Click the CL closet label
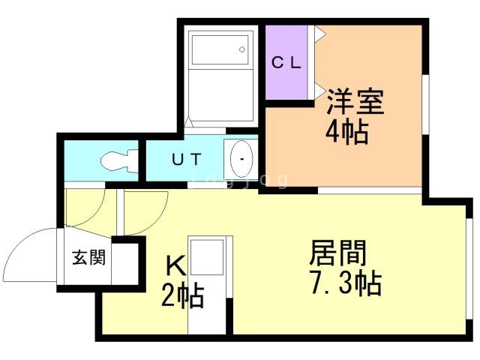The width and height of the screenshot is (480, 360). tap(286, 63)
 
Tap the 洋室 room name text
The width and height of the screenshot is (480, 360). tap(355, 102)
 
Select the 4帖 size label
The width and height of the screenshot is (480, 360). tap(346, 132)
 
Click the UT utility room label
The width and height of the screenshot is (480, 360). tap(187, 159)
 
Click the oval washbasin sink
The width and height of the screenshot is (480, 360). tap(241, 159)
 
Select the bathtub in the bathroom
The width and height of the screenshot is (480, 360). tap(220, 50)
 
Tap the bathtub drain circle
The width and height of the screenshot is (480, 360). tap(242, 49)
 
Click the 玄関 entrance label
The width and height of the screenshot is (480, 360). tap(88, 257)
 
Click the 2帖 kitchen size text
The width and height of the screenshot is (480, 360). tap(182, 295)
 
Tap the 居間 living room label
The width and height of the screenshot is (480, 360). tap(338, 253)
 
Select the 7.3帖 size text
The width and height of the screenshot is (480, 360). tap(346, 283)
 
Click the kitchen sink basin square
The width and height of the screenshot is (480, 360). tap(207, 257)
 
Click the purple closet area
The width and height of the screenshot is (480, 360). tap(286, 62)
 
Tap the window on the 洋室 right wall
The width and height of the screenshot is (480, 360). tap(425, 104)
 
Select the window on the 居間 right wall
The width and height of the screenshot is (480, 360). tap(469, 269)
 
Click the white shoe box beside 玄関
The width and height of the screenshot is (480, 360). tap(125, 263)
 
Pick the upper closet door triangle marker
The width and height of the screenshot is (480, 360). tap(320, 32)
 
